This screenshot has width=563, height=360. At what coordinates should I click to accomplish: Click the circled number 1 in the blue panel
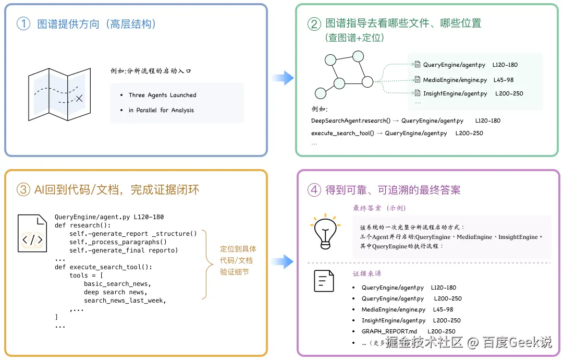(x=23, y=23)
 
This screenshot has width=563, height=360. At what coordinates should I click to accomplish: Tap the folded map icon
(x=59, y=94)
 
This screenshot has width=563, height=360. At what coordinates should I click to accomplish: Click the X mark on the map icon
(x=79, y=98)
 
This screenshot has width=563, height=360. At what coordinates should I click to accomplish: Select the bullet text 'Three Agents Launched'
(x=162, y=95)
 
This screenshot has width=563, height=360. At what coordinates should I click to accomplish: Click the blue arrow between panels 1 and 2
(x=283, y=78)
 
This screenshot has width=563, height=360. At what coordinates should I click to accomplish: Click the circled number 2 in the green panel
(x=314, y=24)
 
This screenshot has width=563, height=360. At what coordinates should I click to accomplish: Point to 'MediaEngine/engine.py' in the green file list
(x=455, y=80)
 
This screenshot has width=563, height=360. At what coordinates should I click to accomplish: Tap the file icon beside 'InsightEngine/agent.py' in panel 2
(x=418, y=93)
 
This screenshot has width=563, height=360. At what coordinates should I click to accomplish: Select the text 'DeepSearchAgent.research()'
(x=350, y=121)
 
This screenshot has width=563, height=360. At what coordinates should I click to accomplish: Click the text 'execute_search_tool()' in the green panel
(x=342, y=133)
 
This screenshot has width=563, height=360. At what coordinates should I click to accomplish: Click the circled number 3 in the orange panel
(x=23, y=189)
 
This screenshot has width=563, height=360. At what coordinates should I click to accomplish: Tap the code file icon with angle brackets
(x=32, y=233)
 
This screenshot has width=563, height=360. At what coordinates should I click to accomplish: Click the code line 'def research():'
(x=82, y=225)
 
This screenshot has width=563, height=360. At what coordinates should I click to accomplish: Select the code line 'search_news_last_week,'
(x=125, y=301)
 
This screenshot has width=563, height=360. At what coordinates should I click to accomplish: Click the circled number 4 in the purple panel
(x=314, y=189)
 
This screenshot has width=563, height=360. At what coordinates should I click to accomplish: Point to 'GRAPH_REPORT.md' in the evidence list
(x=389, y=331)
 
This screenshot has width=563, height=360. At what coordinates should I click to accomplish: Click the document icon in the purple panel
(x=324, y=281)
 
